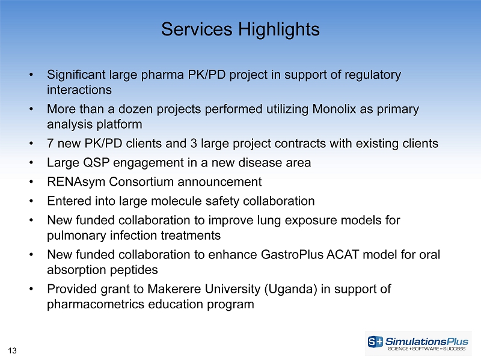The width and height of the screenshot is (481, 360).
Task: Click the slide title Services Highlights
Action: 240,29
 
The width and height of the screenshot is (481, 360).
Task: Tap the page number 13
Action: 12,350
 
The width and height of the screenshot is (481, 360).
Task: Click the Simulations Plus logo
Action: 418,343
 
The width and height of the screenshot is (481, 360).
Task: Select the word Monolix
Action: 334,109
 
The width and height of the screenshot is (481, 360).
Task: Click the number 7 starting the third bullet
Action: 51,144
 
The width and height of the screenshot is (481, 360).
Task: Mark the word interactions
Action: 79,90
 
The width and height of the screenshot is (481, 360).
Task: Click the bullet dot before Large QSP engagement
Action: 31,163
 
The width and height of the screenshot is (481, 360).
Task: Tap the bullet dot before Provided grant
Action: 31,289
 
